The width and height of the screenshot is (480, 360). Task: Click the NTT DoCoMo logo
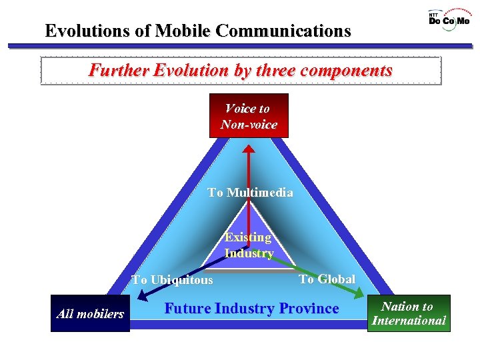[449, 21]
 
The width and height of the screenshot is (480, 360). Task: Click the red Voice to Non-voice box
[249, 116]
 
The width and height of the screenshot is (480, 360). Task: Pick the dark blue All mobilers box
[90, 313]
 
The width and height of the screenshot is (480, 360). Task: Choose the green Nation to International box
[409, 313]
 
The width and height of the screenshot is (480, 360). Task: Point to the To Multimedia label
[250, 193]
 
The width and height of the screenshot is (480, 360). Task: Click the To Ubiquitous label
[172, 280]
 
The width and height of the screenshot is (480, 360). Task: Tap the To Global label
[327, 279]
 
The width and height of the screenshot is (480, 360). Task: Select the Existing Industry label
[249, 245]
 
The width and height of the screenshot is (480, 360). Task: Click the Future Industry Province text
[251, 309]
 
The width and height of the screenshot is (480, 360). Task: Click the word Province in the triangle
[309, 309]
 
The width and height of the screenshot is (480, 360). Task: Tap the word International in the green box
[409, 321]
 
